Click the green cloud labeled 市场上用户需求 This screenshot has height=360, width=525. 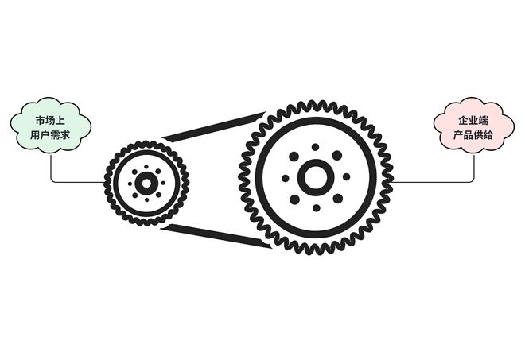click(51, 126)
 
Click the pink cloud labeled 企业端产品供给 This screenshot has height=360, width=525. click(474, 125)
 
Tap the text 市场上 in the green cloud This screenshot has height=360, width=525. click(50, 120)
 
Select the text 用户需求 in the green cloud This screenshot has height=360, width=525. click(50, 135)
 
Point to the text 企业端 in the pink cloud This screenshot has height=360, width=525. click(473, 120)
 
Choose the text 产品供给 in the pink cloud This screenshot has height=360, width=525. click(473, 135)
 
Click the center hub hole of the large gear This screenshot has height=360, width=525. click(316, 177)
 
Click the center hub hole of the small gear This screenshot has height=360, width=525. click(146, 183)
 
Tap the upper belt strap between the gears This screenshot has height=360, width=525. click(214, 127)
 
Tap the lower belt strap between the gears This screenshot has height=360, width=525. click(216, 236)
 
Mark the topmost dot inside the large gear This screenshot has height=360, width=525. click(315, 147)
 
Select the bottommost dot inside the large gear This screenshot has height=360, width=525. click(317, 208)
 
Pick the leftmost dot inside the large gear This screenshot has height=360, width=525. click(286, 178)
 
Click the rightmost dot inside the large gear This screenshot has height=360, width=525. click(347, 176)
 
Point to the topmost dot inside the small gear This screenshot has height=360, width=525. click(146, 167)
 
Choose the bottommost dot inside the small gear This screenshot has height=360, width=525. click(146, 199)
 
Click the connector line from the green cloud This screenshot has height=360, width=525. click(78, 182)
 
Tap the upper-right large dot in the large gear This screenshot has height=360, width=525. click(337, 156)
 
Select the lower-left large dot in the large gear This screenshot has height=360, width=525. click(294, 199)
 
